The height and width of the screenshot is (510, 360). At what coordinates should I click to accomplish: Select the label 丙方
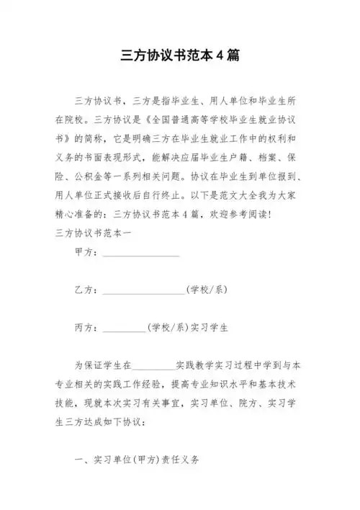point(84,327)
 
